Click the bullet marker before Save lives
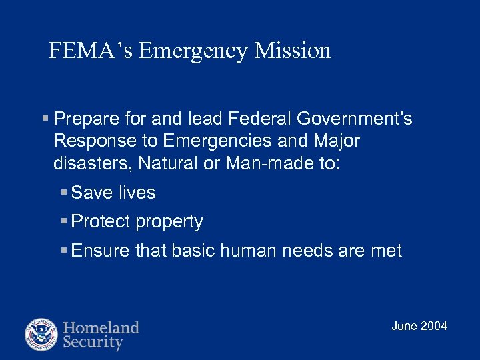[64, 193]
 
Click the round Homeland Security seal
[41, 335]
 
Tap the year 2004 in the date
[434, 326]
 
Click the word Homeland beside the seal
[101, 327]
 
